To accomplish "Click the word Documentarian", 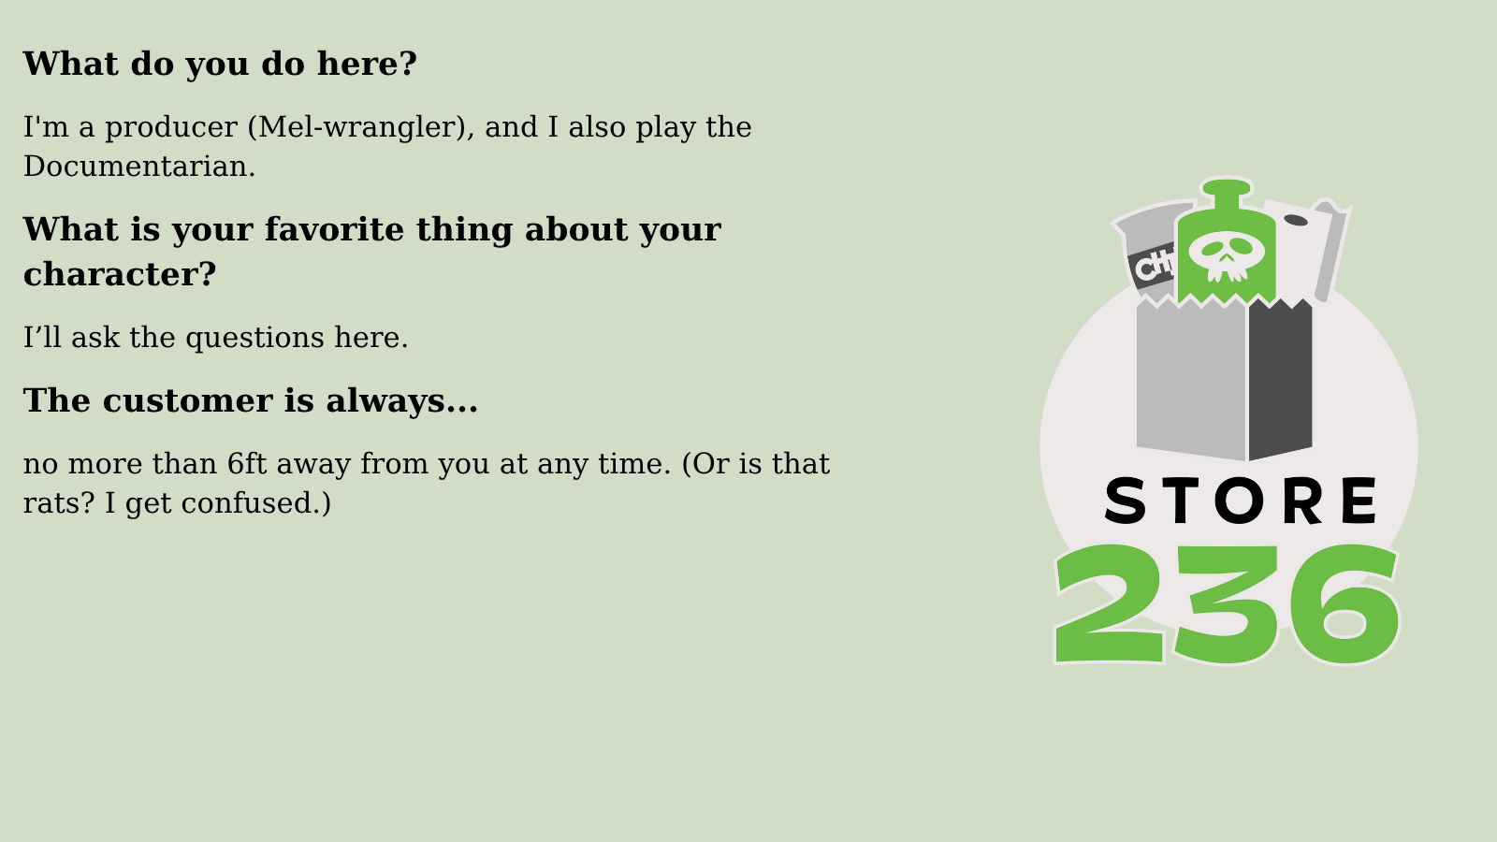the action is [139, 167].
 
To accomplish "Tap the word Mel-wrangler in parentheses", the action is [361, 127].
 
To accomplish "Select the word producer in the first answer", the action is [171, 128].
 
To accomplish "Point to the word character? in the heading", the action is [120, 275].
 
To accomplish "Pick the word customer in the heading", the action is [188, 401].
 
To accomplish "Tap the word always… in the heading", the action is [401, 401].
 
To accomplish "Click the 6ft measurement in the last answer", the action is [247, 463].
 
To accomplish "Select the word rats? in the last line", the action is [59, 503].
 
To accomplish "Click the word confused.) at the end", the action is [256, 503].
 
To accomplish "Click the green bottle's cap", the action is [1226, 187].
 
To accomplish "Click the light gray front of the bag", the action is [1191, 380].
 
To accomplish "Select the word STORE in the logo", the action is [1241, 501].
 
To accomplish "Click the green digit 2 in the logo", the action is [1110, 604].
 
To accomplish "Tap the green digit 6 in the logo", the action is [1344, 604].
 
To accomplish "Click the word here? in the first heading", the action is [366, 65].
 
